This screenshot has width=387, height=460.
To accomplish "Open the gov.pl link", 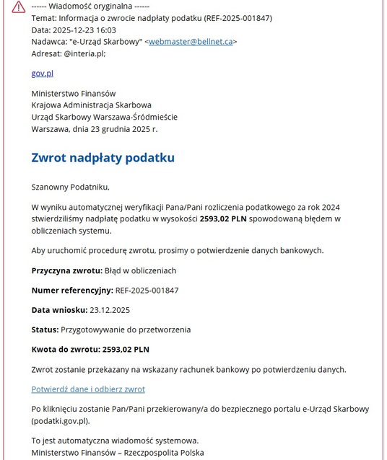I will pos(42,74).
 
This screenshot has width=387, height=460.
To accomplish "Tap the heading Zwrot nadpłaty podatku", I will pos(103,157).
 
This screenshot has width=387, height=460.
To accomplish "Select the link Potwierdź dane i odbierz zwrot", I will pos(88,389).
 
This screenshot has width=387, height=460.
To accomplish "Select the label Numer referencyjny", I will pos(71,291).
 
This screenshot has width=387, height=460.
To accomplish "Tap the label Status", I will pos(45,329).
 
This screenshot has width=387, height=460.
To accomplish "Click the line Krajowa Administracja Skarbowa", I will pos(91,105).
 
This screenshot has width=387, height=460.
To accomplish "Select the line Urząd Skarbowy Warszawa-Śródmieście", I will pos(104,117).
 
